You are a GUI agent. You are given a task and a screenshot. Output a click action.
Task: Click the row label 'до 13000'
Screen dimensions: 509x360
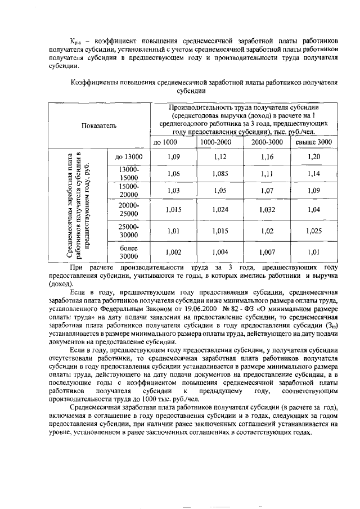(129, 157)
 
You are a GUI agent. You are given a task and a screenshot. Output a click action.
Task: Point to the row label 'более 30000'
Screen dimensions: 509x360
(129, 253)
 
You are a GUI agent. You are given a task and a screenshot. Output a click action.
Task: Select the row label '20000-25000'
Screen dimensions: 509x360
(129, 210)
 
